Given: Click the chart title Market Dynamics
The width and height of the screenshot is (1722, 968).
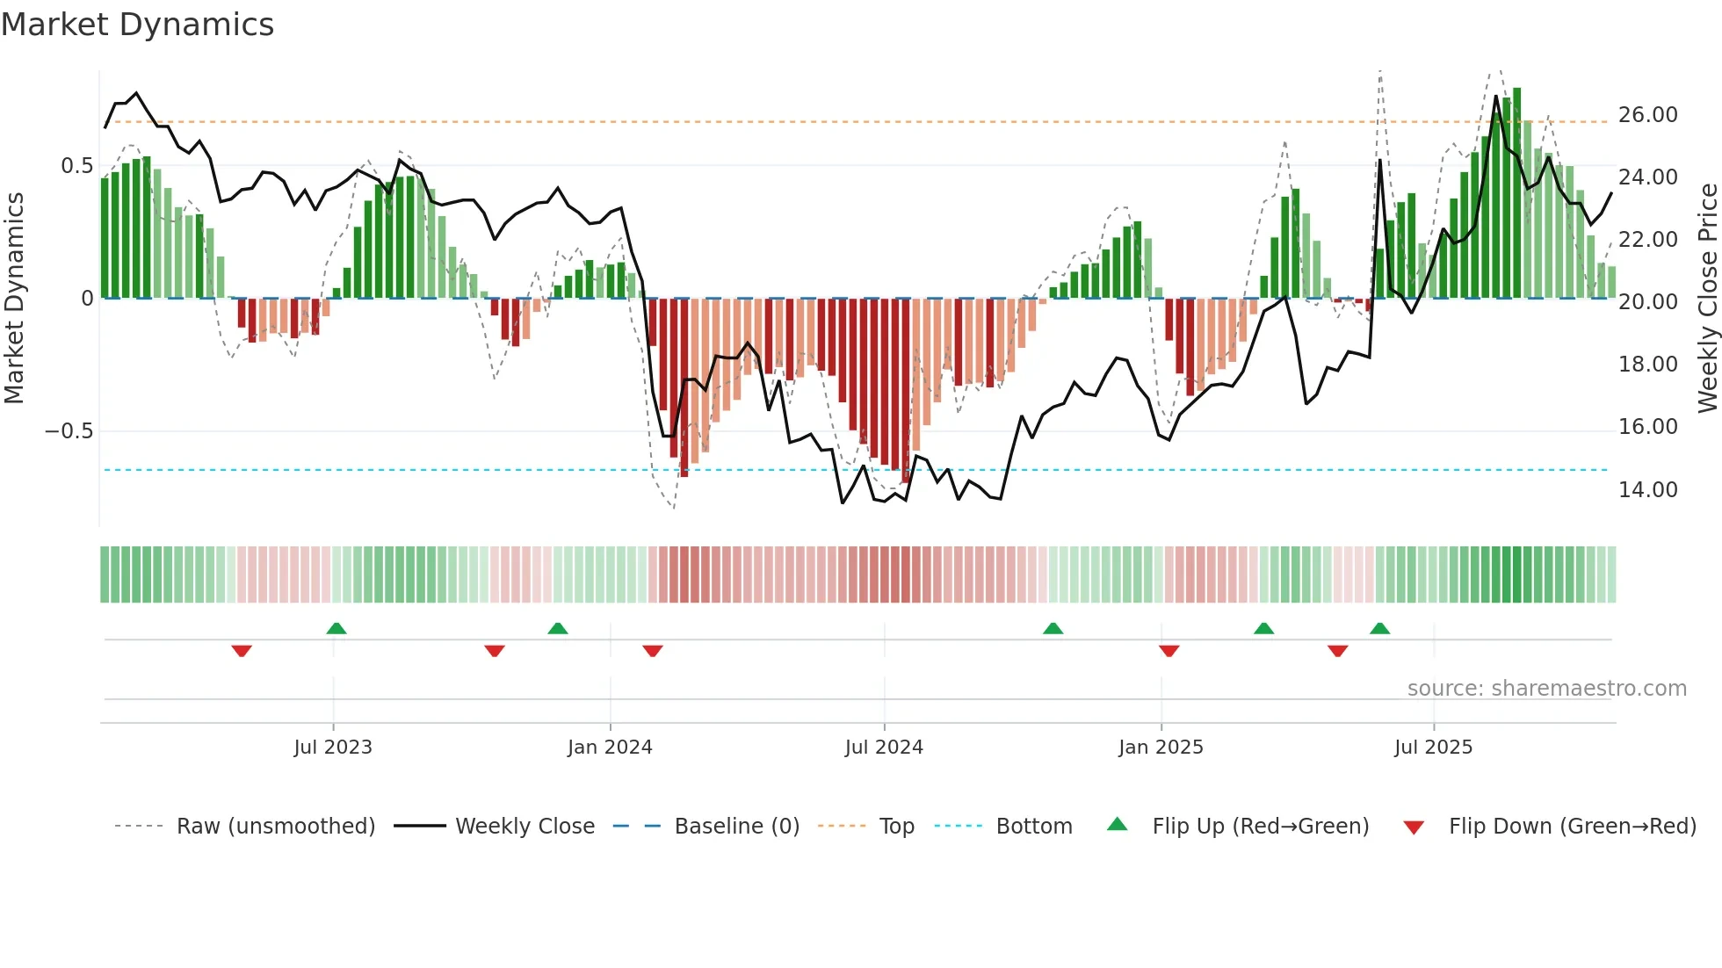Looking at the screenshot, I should pos(137,25).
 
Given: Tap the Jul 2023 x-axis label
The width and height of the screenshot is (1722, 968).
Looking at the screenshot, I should pos(333,748).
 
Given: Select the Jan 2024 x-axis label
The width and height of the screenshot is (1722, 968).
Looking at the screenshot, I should pos(610,748).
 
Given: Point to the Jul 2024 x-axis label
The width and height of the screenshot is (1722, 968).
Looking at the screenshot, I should pos(884,748).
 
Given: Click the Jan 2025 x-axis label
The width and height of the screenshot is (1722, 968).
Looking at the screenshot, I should pos(1161,748).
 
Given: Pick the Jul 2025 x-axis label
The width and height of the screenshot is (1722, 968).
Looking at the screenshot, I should pos(1433,748).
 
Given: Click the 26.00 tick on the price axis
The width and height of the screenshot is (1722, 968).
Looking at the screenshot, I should pos(1647,115).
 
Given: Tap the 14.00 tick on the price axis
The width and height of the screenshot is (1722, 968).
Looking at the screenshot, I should pos(1647,490).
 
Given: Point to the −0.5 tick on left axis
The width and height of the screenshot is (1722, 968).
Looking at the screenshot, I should pos(69,431).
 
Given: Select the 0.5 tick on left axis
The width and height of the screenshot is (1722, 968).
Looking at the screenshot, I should pos(76,166).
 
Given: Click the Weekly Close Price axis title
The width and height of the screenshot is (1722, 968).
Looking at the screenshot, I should pos(1707,299).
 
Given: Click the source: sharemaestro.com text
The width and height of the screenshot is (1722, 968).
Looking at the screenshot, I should pos(1546,689).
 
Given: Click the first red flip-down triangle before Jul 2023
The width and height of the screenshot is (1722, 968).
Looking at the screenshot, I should pos(242,651).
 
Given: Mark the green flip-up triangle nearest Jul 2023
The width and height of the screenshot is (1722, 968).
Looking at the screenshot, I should pos(336,628).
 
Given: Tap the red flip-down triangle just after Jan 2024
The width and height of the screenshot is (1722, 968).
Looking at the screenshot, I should pos(653,651).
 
